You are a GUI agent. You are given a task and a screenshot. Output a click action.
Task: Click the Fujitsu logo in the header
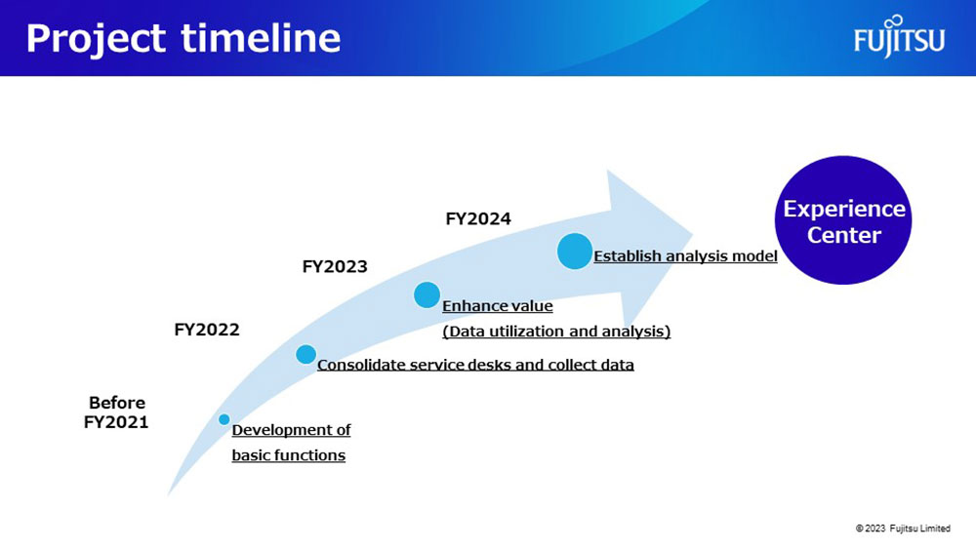click(899, 36)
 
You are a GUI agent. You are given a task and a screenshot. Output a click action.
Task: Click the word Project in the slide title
click(96, 39)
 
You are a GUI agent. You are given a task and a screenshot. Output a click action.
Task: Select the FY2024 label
click(478, 218)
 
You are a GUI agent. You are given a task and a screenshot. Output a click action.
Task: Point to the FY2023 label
click(335, 267)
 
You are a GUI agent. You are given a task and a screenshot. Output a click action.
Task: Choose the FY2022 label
click(207, 330)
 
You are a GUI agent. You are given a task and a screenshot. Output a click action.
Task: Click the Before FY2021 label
click(116, 412)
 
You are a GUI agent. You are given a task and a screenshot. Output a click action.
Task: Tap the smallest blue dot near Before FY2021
click(224, 419)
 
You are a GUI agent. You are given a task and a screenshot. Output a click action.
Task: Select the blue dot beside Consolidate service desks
click(305, 354)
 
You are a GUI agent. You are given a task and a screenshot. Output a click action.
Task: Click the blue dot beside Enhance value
click(427, 294)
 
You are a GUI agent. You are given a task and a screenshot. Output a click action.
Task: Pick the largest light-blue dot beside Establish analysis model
click(575, 252)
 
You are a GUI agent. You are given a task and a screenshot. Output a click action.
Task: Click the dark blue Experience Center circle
click(843, 220)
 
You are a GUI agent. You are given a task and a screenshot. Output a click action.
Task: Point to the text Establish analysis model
click(685, 256)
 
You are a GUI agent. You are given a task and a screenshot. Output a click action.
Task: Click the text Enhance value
click(498, 306)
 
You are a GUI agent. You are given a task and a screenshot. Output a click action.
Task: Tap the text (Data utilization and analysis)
click(556, 332)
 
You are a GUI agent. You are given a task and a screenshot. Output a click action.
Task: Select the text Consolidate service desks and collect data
click(475, 365)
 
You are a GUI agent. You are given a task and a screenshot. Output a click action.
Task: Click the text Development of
click(291, 430)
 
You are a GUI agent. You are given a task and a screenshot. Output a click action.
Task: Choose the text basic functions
click(289, 455)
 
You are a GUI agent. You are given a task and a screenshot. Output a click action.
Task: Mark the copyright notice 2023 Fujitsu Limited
click(903, 529)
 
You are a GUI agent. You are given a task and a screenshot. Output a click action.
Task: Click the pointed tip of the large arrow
click(692, 235)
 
